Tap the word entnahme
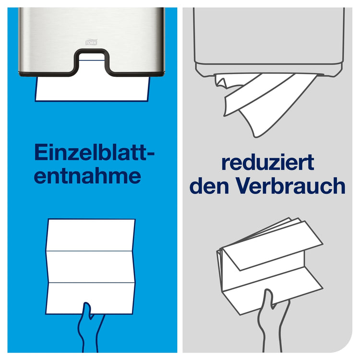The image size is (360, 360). click(88, 176)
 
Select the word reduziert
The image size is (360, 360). click(267, 162)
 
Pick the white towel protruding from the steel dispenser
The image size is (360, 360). click(91, 89)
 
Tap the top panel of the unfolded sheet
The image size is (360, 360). click(91, 235)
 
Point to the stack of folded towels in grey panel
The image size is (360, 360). click(269, 259)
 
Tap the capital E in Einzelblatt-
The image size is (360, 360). click(41, 154)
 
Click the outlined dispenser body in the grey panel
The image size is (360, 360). click(269, 38)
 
